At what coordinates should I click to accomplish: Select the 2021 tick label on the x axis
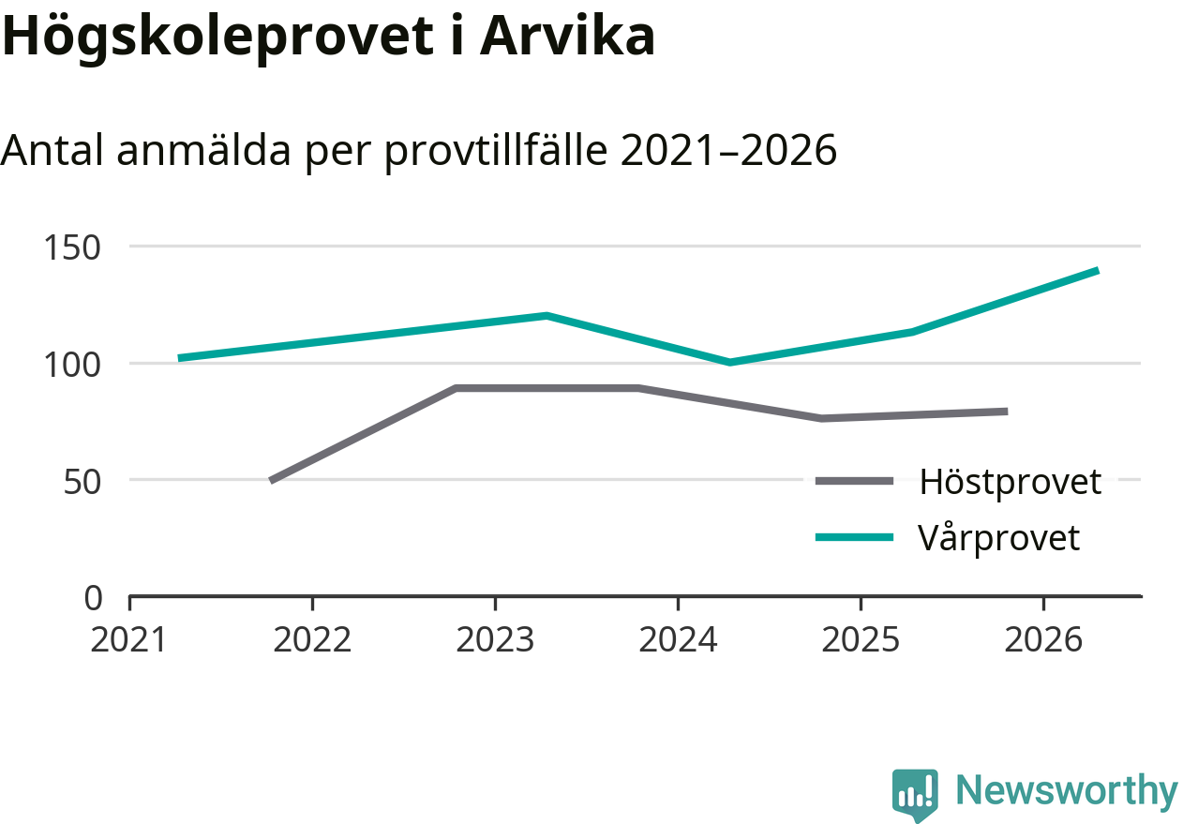point(128,640)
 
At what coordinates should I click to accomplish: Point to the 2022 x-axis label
point(312,640)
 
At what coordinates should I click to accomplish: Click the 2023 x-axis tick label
point(495,640)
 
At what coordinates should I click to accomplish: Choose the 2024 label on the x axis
point(678,640)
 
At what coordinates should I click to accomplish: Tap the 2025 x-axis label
point(861,640)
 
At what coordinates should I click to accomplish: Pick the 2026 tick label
point(1043,640)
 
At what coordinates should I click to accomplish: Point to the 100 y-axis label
point(72,364)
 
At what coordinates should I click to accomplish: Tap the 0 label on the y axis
point(93,597)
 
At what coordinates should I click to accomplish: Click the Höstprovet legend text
point(1010,482)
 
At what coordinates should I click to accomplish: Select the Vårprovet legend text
point(999,538)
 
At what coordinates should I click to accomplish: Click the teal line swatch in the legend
point(854,537)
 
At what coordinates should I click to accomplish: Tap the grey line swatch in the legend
point(854,481)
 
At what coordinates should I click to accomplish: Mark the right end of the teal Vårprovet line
point(1097,271)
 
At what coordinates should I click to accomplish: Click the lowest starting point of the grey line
point(272,480)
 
